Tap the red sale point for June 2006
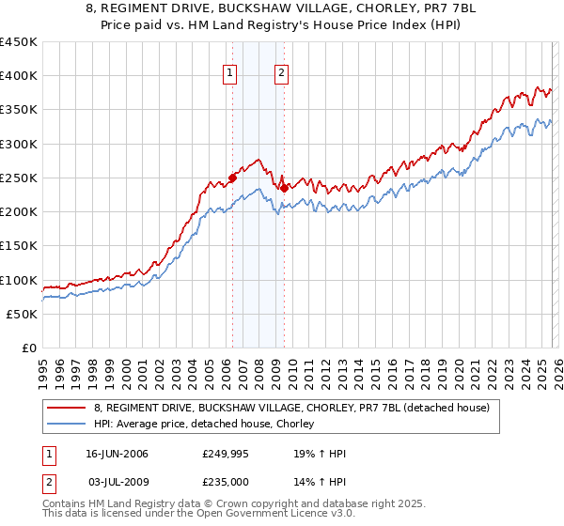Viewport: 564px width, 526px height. (232, 178)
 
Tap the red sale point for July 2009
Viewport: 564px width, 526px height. (283, 188)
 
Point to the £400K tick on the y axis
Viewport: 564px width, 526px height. (19, 76)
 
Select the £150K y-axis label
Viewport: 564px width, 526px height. (19, 246)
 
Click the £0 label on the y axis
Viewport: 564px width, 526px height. (29, 348)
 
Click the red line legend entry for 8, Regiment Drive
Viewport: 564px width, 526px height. (291, 409)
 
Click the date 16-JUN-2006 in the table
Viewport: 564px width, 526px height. (117, 455)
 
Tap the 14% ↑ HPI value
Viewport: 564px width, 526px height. (321, 482)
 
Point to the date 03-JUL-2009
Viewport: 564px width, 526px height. (117, 482)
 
